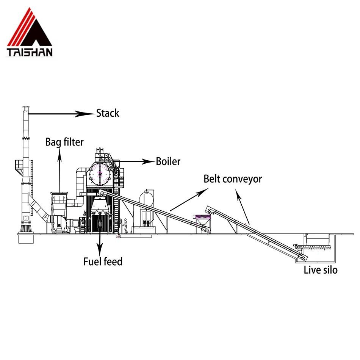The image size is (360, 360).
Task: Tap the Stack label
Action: [x=108, y=113]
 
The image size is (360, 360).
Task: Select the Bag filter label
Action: [x=64, y=142]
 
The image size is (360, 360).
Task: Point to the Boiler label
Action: [x=168, y=161]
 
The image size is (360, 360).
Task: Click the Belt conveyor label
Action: [x=233, y=178]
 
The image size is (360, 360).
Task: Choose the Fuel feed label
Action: [x=103, y=261]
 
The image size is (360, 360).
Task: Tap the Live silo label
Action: [x=321, y=270]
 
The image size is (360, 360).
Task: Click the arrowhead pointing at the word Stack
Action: [x=81, y=113]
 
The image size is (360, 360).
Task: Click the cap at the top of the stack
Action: [x=25, y=108]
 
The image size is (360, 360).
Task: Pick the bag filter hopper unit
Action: [x=59, y=207]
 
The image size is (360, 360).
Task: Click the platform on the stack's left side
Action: [x=19, y=164]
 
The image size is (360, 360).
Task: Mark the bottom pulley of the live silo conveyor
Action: [x=303, y=258]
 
